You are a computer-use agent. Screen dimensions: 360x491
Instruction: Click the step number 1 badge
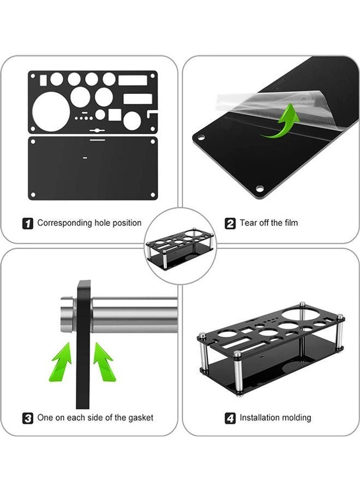click(x=28, y=224)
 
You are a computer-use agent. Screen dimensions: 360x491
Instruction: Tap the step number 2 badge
click(x=230, y=224)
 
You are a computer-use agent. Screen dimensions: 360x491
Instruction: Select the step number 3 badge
click(x=28, y=418)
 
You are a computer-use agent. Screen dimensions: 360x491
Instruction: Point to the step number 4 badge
click(x=230, y=418)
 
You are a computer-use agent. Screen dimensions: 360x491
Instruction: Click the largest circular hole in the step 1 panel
click(x=51, y=111)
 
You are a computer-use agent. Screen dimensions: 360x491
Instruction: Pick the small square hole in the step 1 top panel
click(x=115, y=115)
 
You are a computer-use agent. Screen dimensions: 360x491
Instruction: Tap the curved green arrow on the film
click(x=281, y=122)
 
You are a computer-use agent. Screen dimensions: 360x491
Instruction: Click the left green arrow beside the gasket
click(x=62, y=362)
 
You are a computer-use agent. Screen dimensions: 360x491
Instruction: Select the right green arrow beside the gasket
click(x=104, y=362)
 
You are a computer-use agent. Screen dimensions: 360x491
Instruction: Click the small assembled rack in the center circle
click(x=180, y=247)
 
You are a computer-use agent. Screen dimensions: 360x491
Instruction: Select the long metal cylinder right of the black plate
click(x=135, y=315)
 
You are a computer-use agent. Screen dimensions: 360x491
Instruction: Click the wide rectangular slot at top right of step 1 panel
click(x=133, y=81)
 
